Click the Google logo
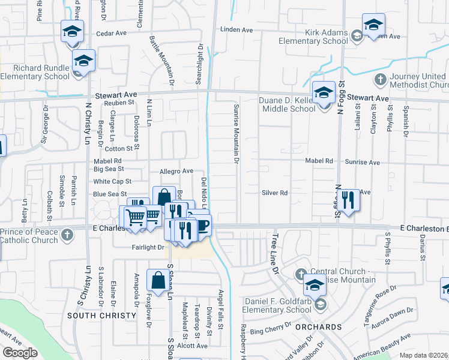pyautogui.click(x=20, y=353)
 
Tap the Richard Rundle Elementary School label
pyautogui.click(x=36, y=72)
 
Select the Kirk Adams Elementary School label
pyautogui.click(x=313, y=37)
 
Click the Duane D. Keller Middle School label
pyautogui.click(x=287, y=104)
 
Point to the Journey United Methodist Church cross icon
pyautogui.click(x=380, y=79)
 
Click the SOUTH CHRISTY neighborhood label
pyautogui.click(x=102, y=316)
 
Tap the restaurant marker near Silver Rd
pyautogui.click(x=348, y=200)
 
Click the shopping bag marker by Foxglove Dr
pyautogui.click(x=158, y=280)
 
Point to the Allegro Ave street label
pyautogui.click(x=176, y=172)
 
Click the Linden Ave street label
pyautogui.click(x=237, y=29)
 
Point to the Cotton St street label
pyautogui.click(x=118, y=148)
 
